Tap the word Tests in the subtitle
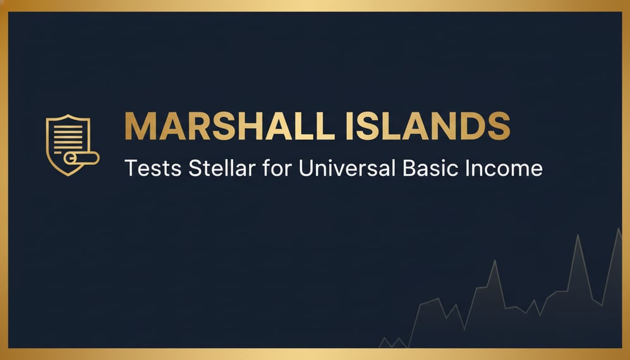point(145,168)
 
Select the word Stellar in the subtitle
point(202,168)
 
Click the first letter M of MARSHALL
point(139,127)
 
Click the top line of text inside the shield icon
point(67,124)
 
